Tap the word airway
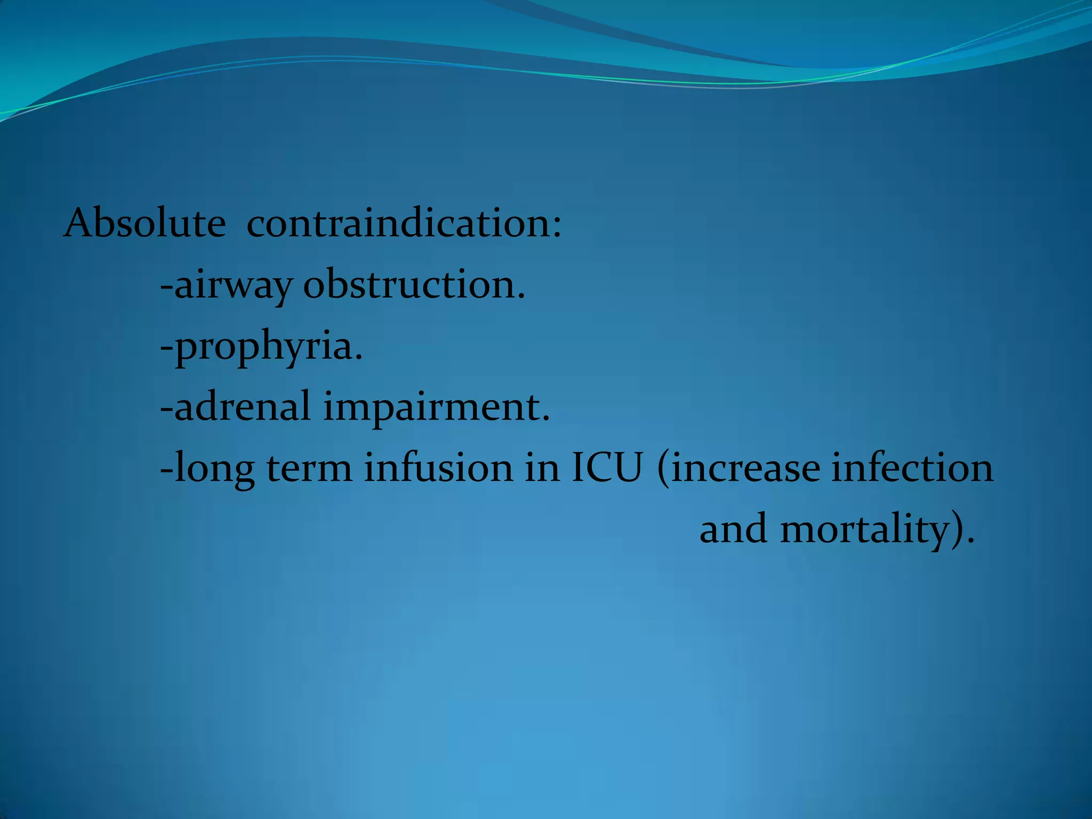coord(233,285)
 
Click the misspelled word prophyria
coord(264,347)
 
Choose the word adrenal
coord(243,406)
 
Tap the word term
coord(309,468)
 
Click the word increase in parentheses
coord(746,468)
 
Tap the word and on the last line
coord(734,529)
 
